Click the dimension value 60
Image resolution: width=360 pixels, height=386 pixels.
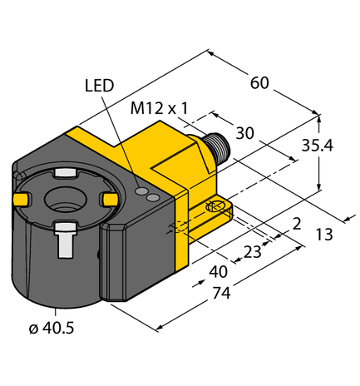[260, 83]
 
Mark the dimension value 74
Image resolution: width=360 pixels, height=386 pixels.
[220, 293]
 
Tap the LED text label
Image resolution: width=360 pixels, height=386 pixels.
[99, 86]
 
